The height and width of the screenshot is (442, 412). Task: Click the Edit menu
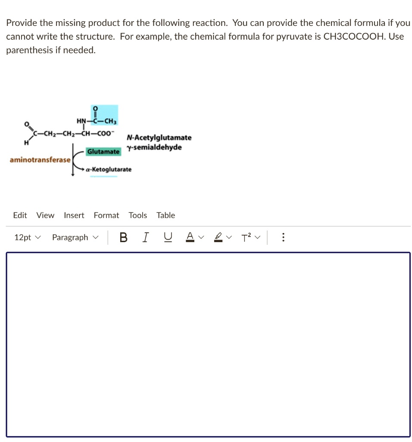pos(20,215)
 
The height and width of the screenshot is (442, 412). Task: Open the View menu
pos(45,215)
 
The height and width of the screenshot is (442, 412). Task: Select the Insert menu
pos(74,215)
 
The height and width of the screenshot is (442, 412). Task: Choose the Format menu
pos(106,215)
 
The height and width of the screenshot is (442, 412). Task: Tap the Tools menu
pos(138,215)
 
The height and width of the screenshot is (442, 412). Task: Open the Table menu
pos(166,215)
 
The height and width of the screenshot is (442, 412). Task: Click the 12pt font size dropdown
pos(28,237)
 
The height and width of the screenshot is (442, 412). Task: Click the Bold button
pos(124,237)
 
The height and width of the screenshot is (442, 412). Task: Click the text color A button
pos(189,237)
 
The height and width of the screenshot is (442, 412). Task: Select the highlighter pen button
pos(219,237)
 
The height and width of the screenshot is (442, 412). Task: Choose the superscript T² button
pos(246,237)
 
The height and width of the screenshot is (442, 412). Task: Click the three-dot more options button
pos(283,237)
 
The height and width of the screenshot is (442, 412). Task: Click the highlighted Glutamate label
pos(103,152)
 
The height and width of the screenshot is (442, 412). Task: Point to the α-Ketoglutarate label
pos(109,170)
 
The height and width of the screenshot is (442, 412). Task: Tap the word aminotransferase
pos(40,160)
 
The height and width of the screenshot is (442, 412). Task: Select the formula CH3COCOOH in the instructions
pos(353,36)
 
